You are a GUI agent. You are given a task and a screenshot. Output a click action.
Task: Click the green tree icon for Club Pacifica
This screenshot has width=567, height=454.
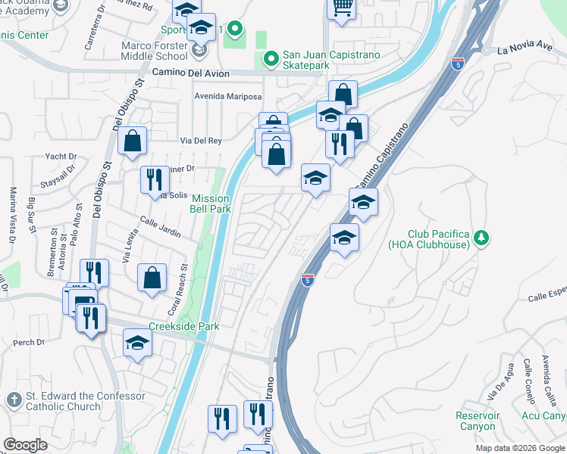point(480,239)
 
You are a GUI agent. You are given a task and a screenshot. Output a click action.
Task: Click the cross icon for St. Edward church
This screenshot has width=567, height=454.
point(13,400)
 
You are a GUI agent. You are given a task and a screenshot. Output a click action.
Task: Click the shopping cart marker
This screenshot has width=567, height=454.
point(343,8)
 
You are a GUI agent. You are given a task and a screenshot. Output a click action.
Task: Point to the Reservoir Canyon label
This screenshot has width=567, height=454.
point(478,421)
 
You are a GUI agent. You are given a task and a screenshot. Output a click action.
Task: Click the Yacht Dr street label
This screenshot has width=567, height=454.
point(61,157)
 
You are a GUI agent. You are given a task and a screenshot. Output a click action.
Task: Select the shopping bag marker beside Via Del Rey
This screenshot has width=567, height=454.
point(133,141)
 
